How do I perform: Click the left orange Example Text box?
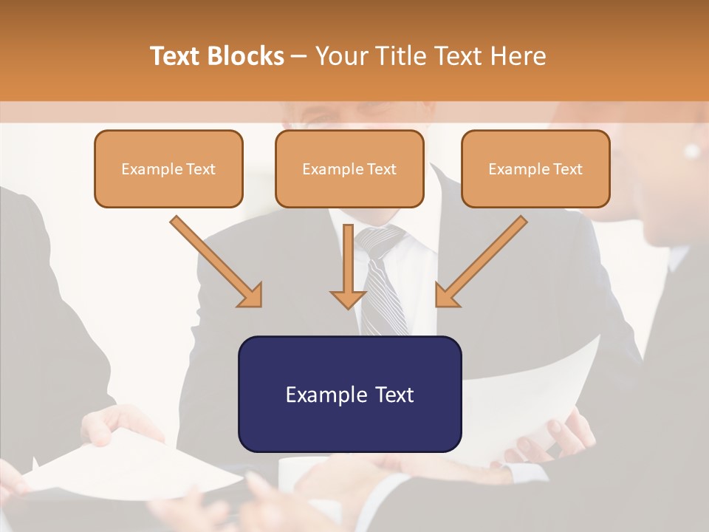point(168,168)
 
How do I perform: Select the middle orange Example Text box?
point(349,168)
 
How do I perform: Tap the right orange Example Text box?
point(535,168)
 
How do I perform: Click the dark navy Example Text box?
point(349,394)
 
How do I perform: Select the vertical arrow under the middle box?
point(348,266)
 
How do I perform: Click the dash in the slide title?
point(299,55)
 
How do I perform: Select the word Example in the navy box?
point(326,394)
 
